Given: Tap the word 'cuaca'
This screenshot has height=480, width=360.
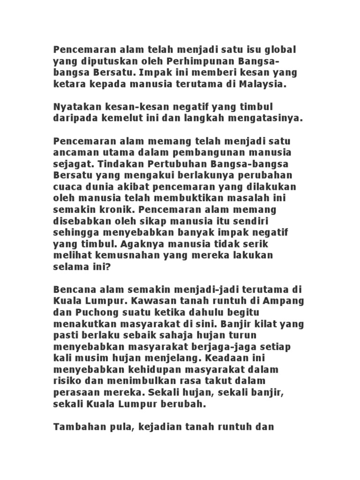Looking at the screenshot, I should tap(67, 187).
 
